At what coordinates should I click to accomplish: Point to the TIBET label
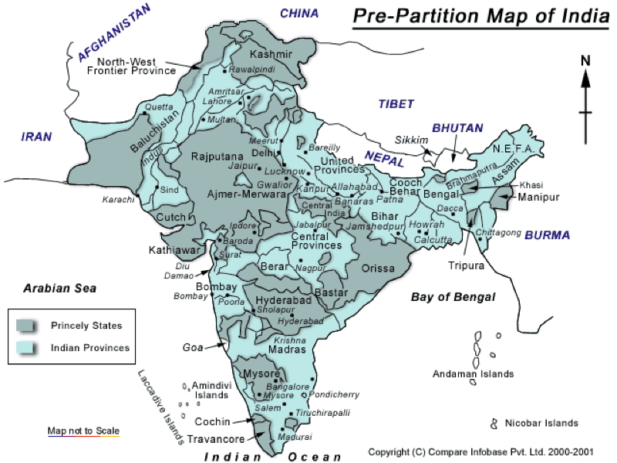396,104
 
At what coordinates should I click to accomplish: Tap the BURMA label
547,235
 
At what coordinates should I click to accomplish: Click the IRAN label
36,137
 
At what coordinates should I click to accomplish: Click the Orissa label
378,269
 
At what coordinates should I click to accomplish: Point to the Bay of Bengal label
453,296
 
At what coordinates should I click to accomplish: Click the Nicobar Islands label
541,423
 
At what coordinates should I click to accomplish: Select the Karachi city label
118,199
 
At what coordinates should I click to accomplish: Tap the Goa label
192,348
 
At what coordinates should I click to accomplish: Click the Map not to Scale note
83,431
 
